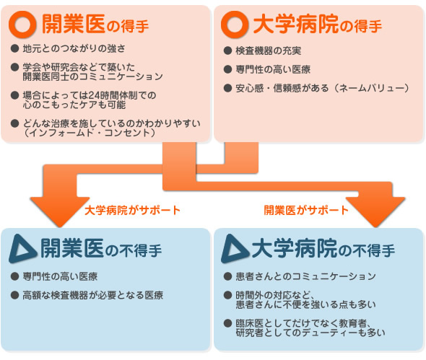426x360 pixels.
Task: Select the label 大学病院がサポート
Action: point(133,210)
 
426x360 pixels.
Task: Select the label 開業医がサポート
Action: point(306,210)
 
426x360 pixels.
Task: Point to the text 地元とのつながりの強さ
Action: point(74,48)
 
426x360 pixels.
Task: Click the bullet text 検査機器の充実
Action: point(269,51)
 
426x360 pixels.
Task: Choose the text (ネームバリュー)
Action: point(372,88)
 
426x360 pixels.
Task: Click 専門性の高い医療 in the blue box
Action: point(60,276)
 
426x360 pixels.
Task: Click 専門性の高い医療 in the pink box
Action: point(273,69)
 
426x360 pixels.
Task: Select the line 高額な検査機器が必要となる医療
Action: point(93,295)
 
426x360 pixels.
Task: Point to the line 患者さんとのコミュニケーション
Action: point(305,276)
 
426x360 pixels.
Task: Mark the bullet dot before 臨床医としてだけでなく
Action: point(227,323)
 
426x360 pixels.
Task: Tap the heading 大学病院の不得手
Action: point(323,248)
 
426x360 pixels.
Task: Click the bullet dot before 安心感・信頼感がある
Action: point(227,88)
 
